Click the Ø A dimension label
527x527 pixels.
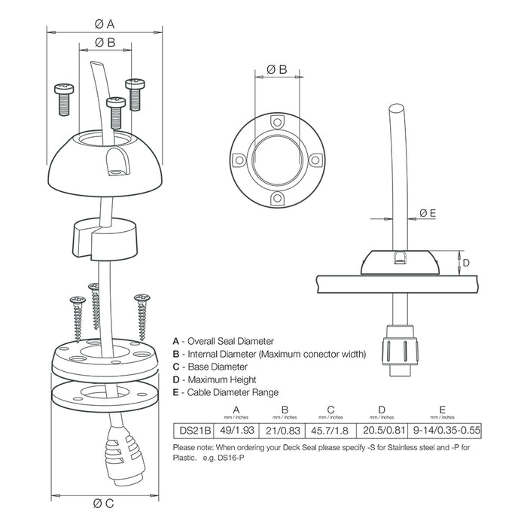105,23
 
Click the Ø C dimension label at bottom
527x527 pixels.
104,503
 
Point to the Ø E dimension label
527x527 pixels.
427,213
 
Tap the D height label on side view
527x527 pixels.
466,263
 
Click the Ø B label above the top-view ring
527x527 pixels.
277,69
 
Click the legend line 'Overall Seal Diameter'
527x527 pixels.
225,341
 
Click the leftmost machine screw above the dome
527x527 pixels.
64,96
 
